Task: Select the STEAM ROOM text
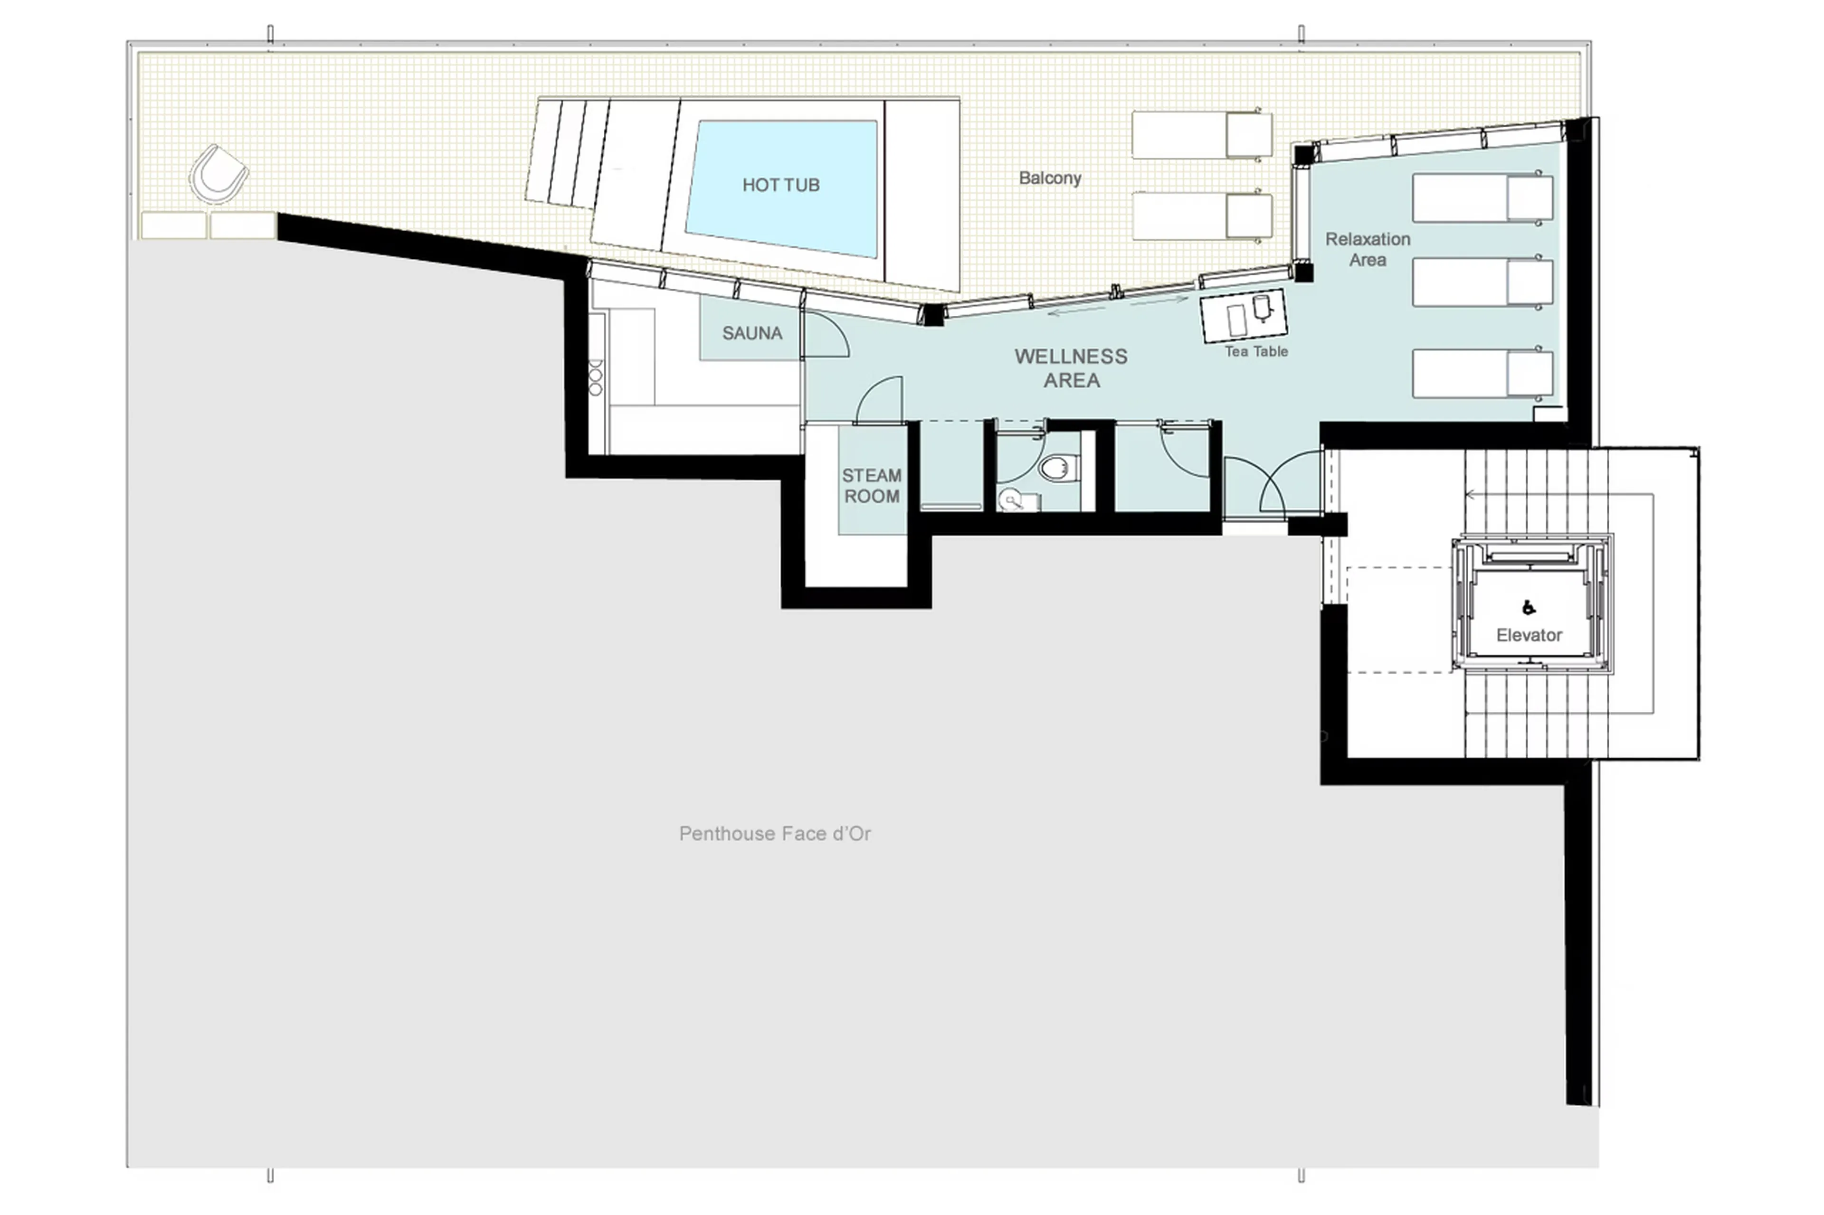871,486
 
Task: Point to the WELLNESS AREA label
1071,368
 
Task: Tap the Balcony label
1050,178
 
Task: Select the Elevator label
1529,635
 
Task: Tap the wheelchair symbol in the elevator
1528,608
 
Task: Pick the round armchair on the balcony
218,174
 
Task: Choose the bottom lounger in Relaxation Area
1482,374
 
